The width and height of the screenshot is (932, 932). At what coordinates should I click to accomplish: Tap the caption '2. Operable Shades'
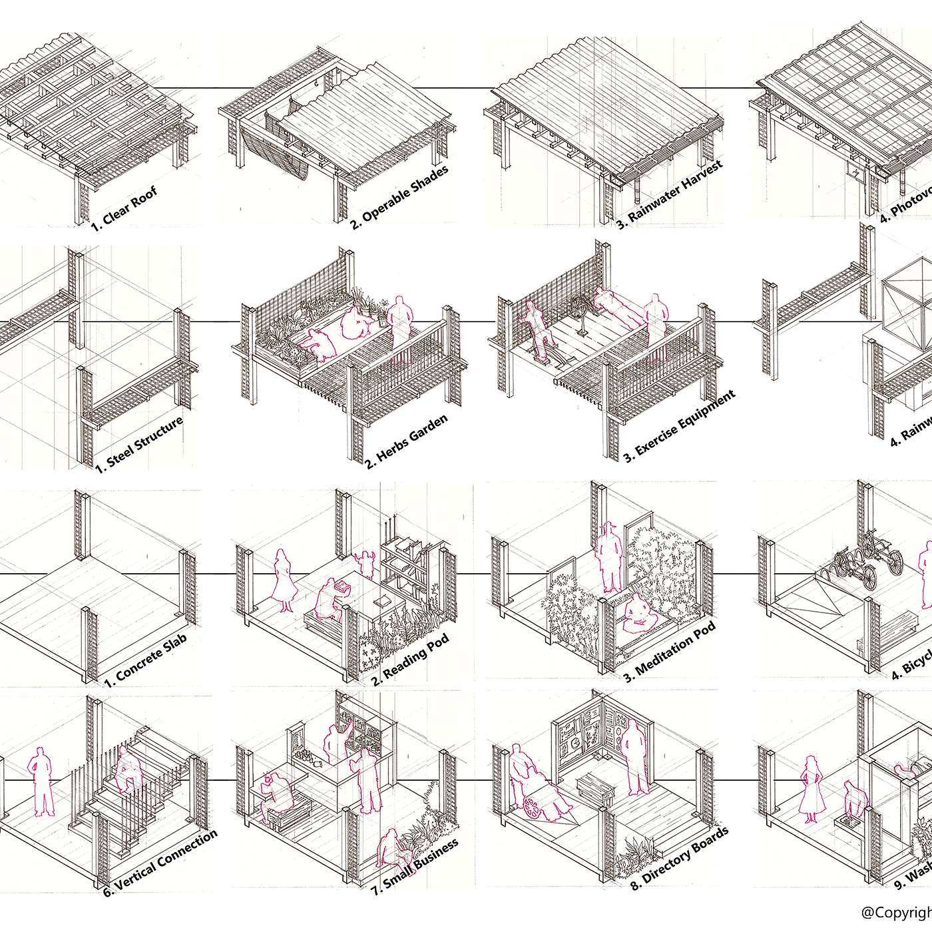(x=399, y=198)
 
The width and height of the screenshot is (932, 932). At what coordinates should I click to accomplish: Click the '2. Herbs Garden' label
(x=406, y=441)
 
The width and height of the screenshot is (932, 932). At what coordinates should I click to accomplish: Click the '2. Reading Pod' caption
(x=410, y=659)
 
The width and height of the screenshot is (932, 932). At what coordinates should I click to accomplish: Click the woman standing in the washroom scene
(x=811, y=789)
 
